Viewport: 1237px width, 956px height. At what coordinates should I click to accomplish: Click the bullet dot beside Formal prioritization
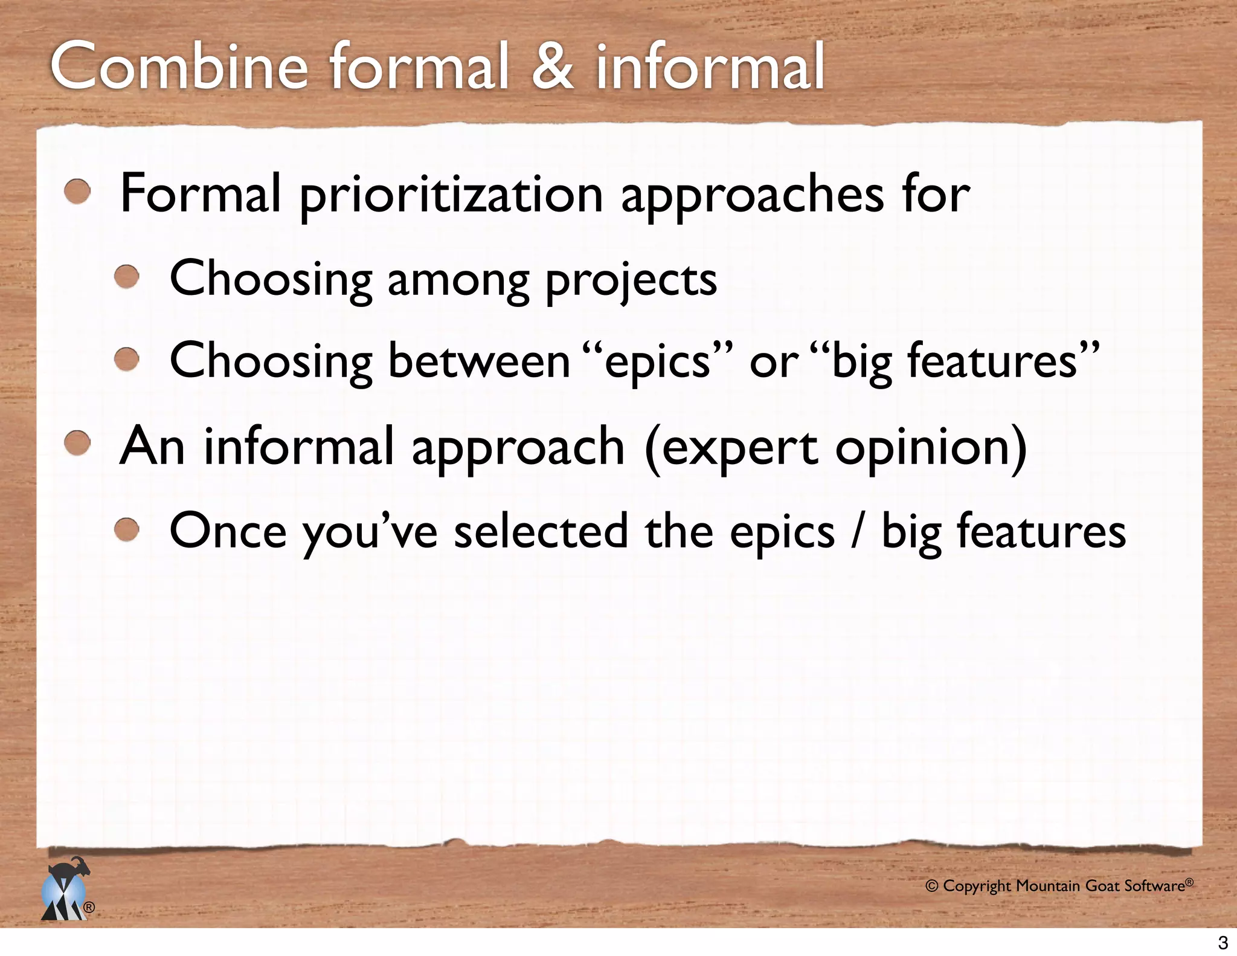(78, 193)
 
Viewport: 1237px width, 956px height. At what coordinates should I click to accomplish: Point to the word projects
(631, 280)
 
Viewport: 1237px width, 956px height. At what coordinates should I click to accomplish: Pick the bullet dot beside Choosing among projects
(127, 278)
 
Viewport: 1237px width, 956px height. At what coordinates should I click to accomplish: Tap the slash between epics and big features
(857, 531)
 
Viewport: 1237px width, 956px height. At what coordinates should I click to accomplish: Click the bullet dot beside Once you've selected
(127, 530)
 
